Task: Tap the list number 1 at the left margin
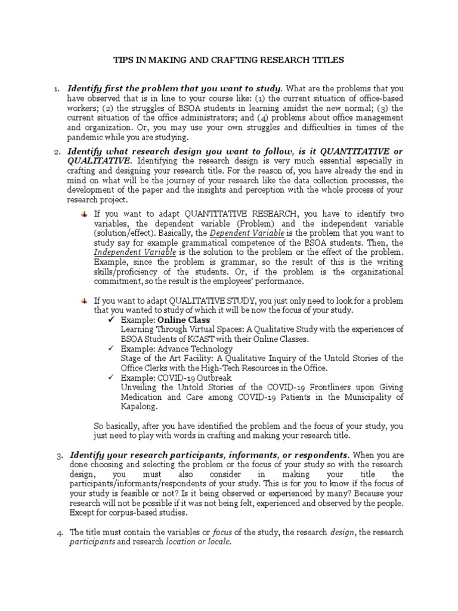(x=56, y=90)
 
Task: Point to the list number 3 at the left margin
(x=59, y=456)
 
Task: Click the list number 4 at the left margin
(x=59, y=533)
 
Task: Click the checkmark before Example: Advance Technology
(x=111, y=349)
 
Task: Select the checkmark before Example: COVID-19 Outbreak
(x=111, y=378)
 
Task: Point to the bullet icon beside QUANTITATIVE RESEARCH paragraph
(x=85, y=214)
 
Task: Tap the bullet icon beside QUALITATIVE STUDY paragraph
(x=85, y=300)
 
